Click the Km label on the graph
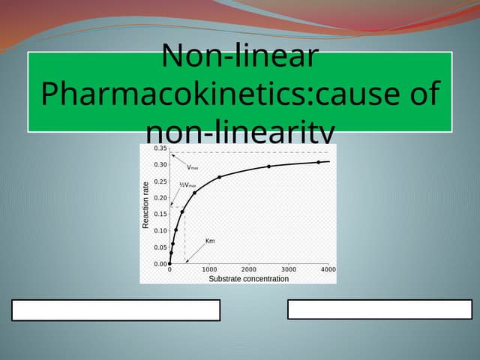pos(210,241)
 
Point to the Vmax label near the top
pos(193,167)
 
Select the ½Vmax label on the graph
pos(188,184)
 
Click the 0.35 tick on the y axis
pos(160,148)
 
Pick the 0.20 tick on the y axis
pos(160,198)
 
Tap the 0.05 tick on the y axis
pos(160,247)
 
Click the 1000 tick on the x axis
pos(209,269)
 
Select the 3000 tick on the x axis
pos(289,269)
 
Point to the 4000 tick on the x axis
pos(328,269)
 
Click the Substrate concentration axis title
pos(248,278)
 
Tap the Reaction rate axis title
pos(146,205)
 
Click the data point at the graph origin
pos(169,264)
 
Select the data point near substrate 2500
pos(268,166)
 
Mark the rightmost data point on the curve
pos(318,162)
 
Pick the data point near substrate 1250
pos(219,177)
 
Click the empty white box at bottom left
pos(116,310)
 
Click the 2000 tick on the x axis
pos(249,269)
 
